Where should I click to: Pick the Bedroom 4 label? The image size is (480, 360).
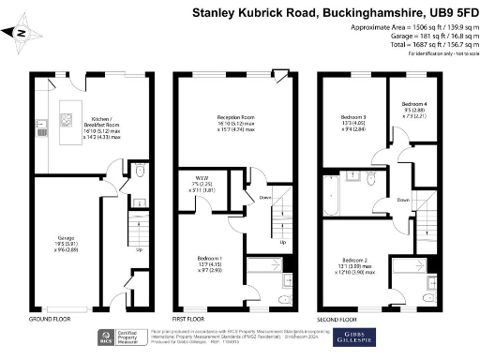point(415,107)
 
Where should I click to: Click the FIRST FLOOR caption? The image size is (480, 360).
point(191,318)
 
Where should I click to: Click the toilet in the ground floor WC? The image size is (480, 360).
point(139,172)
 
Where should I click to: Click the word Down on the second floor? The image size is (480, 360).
point(403,200)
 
